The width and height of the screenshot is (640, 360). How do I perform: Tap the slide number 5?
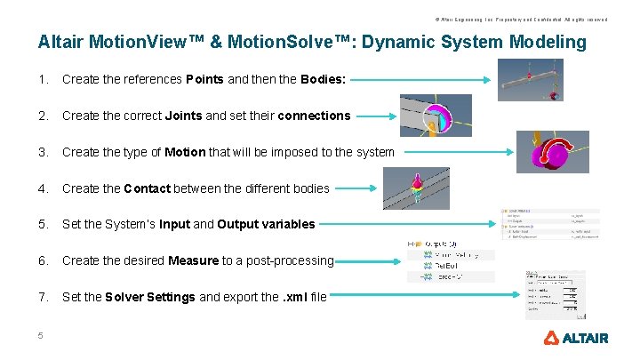[x=41, y=335]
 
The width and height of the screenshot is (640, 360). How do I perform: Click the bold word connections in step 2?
[x=314, y=116]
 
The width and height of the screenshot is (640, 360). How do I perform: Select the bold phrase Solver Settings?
[x=149, y=297]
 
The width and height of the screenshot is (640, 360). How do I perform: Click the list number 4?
[x=43, y=188]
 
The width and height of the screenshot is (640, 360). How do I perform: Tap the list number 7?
[x=43, y=297]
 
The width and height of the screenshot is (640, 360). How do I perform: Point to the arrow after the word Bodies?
[x=419, y=79]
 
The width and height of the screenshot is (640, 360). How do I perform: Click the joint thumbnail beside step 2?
[x=435, y=116]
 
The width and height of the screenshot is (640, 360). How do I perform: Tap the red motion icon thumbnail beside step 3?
[x=552, y=151]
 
